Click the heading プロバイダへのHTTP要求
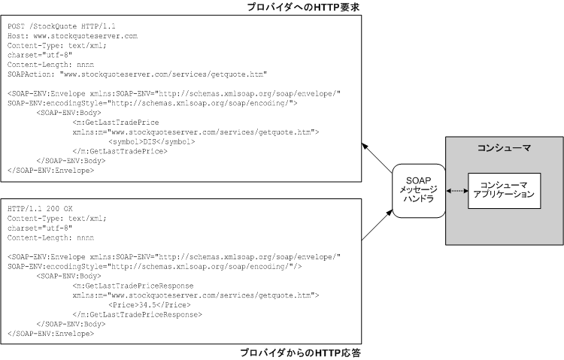pyautogui.click(x=299, y=7)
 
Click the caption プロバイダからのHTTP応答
pyautogui.click(x=300, y=352)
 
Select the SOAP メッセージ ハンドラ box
pyautogui.click(x=417, y=192)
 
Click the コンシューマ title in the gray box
pyautogui.click(x=504, y=148)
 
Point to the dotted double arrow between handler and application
pyautogui.click(x=456, y=192)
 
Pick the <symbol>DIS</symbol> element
pyautogui.click(x=152, y=141)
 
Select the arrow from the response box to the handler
pyautogui.click(x=376, y=225)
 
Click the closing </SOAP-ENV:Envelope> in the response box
pyautogui.click(x=50, y=333)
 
